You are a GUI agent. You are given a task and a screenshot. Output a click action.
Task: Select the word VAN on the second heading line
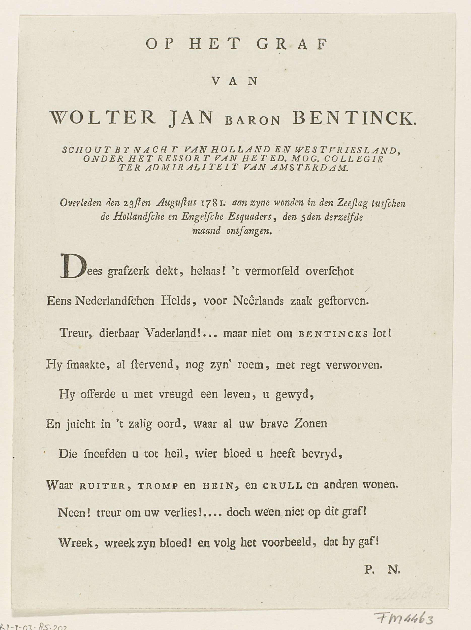click(x=235, y=81)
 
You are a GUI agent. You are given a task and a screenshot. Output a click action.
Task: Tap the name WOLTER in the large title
click(x=103, y=118)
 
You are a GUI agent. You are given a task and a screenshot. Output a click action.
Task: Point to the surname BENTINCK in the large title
click(x=354, y=118)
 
